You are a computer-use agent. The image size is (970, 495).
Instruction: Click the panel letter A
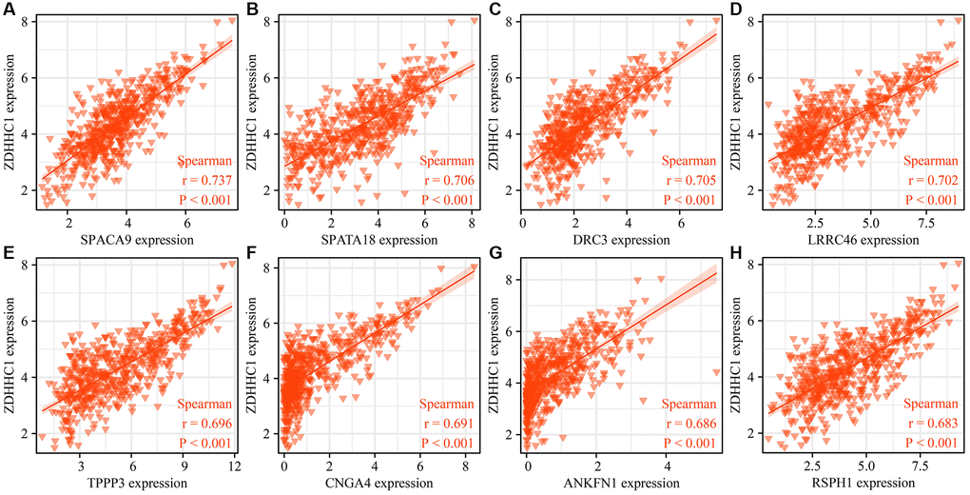click(x=9, y=10)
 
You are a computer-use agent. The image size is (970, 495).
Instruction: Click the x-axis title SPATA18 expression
click(x=378, y=240)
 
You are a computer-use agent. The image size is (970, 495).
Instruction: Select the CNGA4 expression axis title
click(x=378, y=485)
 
